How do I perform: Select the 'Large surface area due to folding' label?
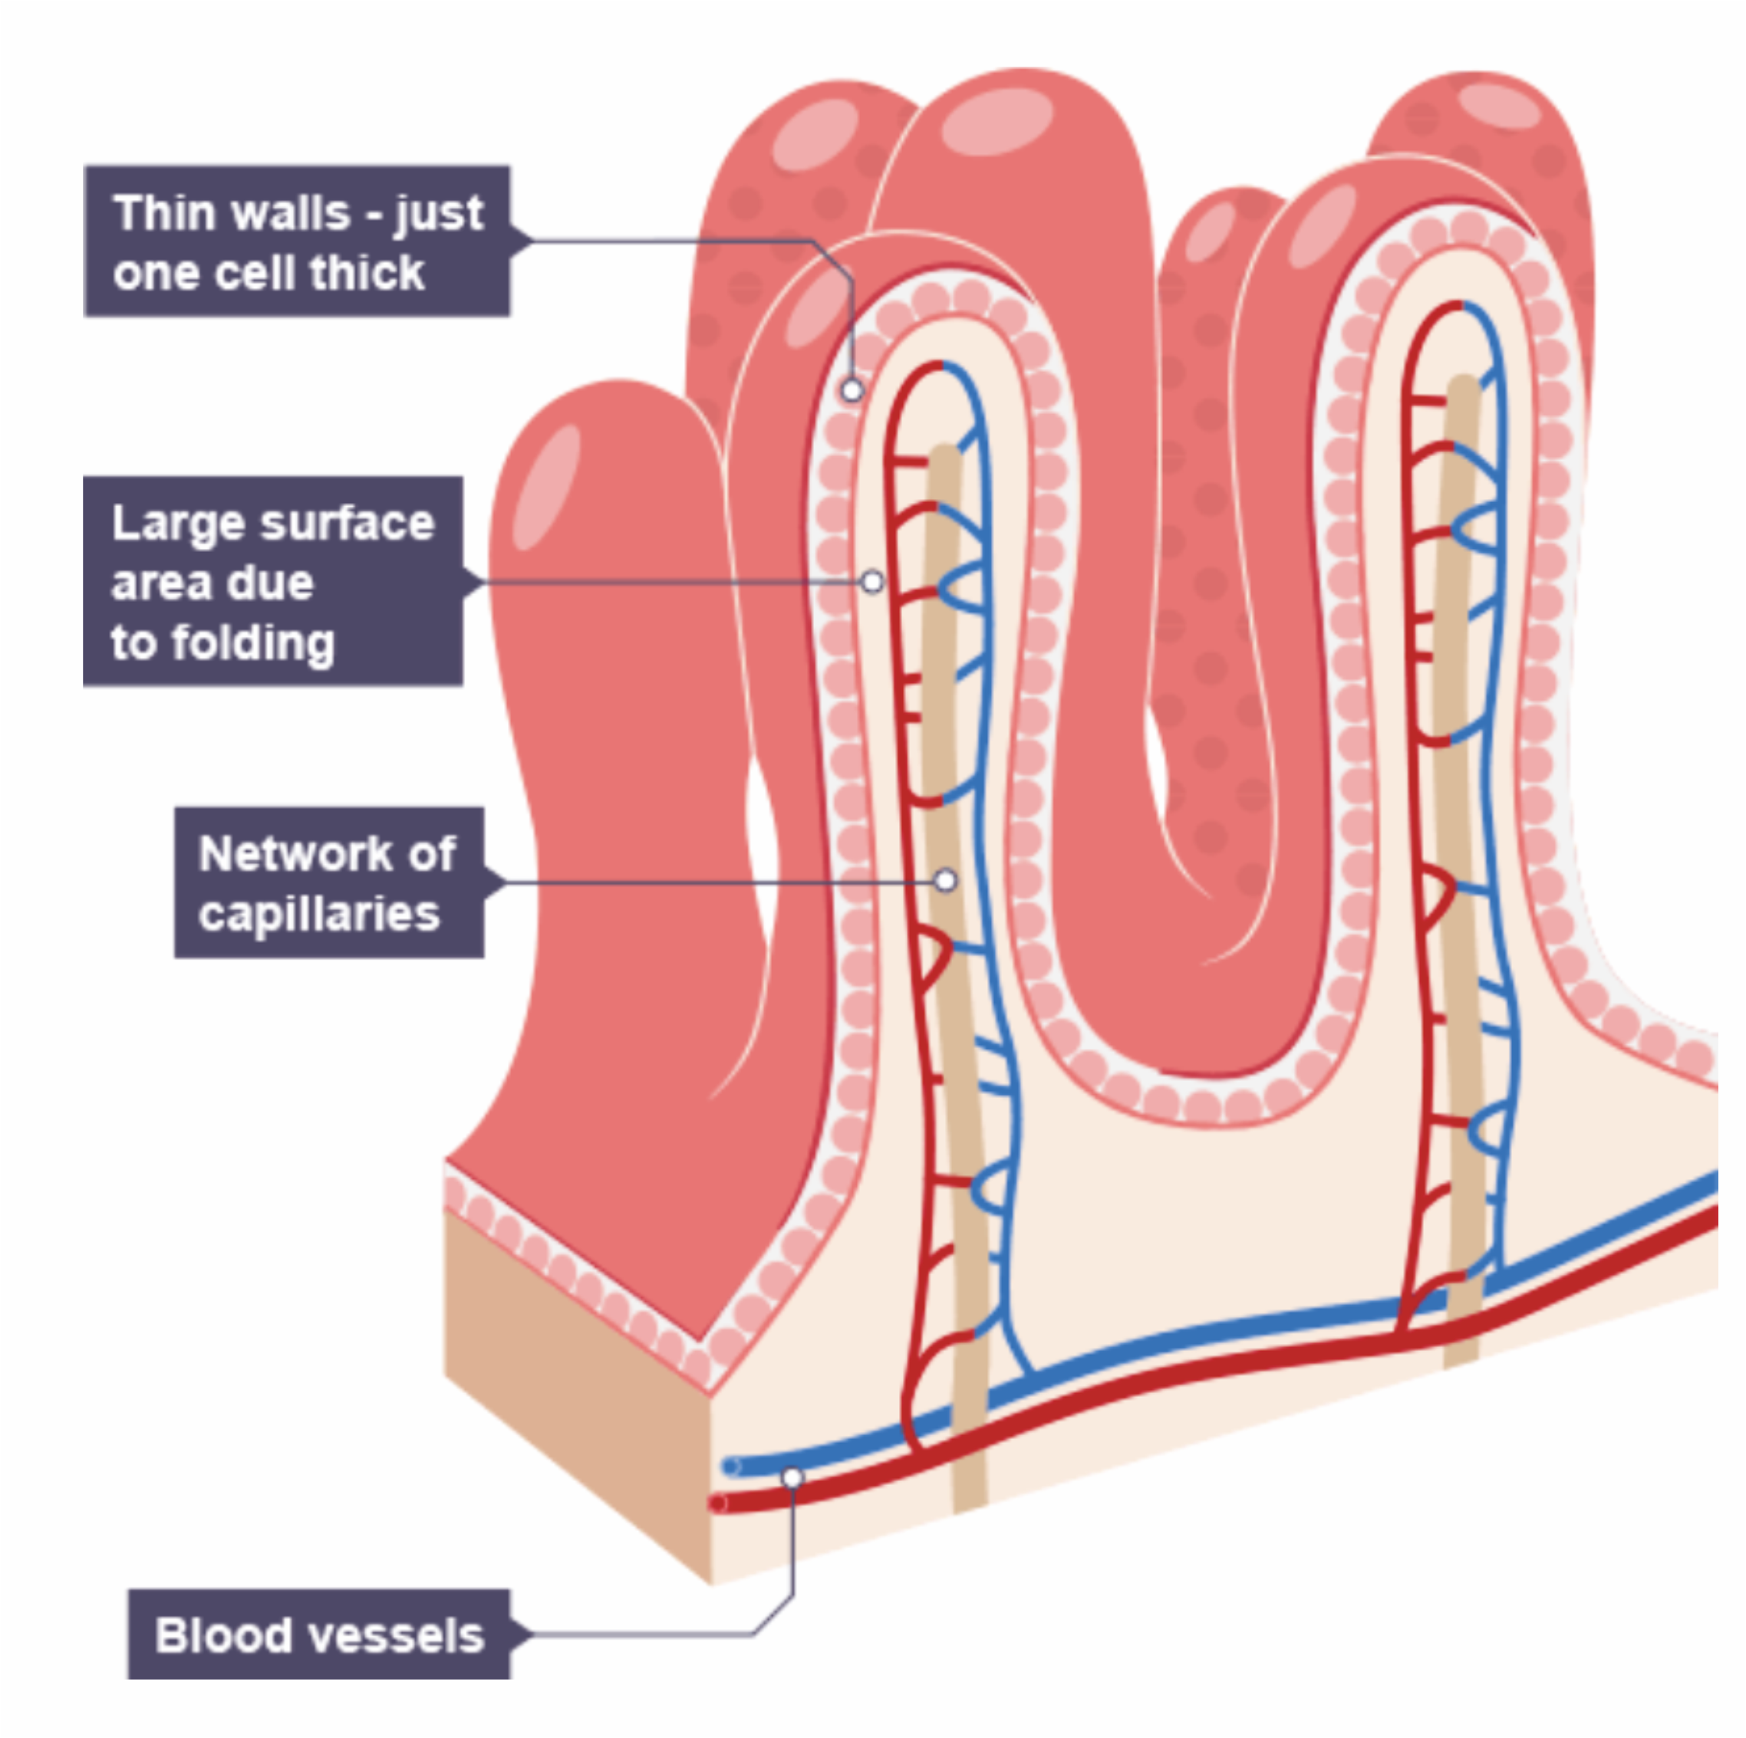(273, 581)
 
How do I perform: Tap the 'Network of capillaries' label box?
(329, 882)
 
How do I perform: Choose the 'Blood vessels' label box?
(318, 1633)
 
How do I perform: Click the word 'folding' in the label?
(253, 643)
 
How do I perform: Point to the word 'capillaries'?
(319, 914)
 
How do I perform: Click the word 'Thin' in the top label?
(151, 213)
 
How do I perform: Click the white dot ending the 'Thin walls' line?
(852, 390)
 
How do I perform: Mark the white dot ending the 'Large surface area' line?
(872, 582)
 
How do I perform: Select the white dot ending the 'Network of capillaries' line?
(945, 880)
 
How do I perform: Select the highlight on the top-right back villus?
(1498, 106)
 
